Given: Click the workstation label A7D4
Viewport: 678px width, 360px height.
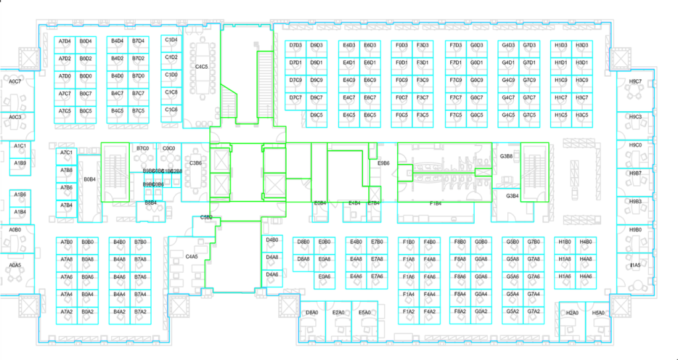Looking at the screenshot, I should [x=65, y=41].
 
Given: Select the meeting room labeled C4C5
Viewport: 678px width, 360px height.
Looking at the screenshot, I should [x=202, y=67].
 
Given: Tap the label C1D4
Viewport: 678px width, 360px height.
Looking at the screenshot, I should [x=171, y=40].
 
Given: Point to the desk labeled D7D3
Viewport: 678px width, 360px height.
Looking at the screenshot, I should [x=295, y=46].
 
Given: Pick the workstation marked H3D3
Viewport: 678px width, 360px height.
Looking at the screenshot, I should [x=582, y=46].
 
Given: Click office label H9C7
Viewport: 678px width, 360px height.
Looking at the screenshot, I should [x=635, y=82].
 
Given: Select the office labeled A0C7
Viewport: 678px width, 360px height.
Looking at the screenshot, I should [x=15, y=81].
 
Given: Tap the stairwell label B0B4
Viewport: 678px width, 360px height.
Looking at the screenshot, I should [x=89, y=179].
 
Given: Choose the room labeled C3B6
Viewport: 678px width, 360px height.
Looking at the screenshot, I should [x=195, y=163].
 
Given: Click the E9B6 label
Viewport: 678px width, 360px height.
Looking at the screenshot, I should [x=383, y=163].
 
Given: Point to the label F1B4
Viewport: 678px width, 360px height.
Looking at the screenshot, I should [x=436, y=204].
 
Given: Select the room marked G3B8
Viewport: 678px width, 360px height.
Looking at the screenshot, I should [x=507, y=156].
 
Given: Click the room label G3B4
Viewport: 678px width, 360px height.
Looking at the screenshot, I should [x=512, y=196].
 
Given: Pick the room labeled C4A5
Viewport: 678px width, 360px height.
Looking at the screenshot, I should [x=192, y=255].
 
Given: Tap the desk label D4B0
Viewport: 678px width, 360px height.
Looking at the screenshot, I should [x=272, y=240].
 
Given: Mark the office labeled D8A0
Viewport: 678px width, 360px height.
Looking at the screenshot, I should [x=312, y=312].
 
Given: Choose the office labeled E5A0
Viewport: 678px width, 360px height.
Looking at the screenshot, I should [x=363, y=312].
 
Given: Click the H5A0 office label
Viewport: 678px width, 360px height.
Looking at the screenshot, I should [x=599, y=312].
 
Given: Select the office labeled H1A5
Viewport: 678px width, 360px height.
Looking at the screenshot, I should [x=635, y=265].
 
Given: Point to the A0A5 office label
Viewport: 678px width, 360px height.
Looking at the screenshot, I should [x=15, y=265].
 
